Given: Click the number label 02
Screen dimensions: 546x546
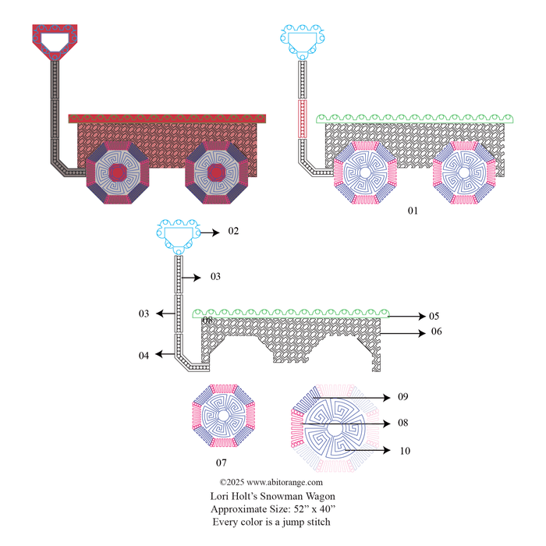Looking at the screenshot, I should point(232,232).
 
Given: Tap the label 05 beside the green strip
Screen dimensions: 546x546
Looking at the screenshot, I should point(434,317).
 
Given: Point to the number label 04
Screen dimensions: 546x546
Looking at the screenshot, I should point(144,356).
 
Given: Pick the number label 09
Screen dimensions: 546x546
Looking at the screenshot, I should point(402,397).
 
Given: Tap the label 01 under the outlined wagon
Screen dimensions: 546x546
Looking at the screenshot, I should point(413,211).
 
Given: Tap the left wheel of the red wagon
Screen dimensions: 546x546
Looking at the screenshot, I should point(117,173).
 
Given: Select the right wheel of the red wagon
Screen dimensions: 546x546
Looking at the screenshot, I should point(217,173).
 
